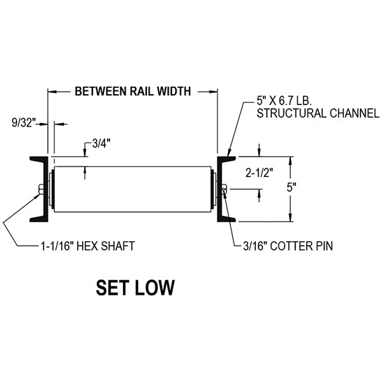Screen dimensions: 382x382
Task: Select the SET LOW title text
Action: click(x=135, y=287)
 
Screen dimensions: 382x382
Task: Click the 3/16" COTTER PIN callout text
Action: click(x=288, y=244)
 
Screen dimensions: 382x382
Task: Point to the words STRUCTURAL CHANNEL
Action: click(x=308, y=114)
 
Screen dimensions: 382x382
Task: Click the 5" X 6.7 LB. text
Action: click(x=286, y=101)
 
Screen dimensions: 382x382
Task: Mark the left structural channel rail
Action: click(x=40, y=188)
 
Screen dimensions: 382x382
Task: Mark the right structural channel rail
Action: click(x=224, y=188)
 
